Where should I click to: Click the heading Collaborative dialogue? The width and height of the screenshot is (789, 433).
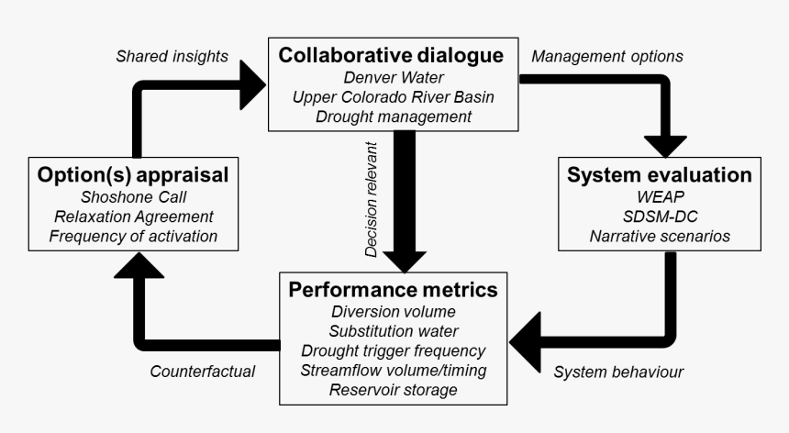(394, 55)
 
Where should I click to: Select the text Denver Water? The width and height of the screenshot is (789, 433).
(394, 77)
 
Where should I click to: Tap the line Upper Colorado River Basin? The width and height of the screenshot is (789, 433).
(394, 96)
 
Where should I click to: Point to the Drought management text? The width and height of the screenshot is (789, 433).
(394, 117)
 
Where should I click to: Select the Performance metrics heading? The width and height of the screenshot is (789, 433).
(394, 290)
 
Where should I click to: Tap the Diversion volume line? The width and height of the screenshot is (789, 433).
(394, 312)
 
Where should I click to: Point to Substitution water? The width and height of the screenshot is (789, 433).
(394, 331)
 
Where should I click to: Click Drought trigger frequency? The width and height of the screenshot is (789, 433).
(394, 351)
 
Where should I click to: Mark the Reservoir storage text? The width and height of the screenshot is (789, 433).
(394, 391)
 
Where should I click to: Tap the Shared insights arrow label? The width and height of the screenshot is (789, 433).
(172, 56)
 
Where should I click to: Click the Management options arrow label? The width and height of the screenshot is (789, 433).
(607, 56)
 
